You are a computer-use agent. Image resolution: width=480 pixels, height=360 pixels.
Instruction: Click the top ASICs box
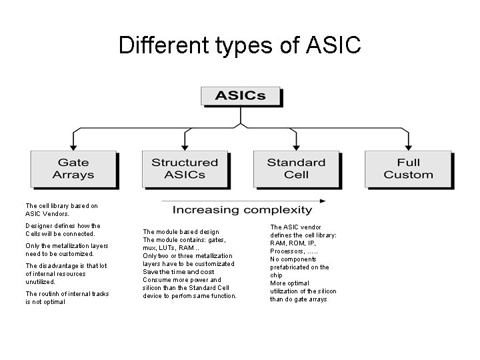coord(240,95)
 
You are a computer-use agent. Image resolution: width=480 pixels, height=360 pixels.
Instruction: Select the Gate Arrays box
coord(73,169)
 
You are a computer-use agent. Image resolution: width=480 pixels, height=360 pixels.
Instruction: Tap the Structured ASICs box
coord(185,169)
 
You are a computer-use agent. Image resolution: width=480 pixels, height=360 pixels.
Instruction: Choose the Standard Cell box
coord(296,169)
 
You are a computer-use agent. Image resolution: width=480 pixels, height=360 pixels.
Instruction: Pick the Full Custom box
coord(408,169)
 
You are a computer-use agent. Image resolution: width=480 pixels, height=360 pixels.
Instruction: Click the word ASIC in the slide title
coord(333,45)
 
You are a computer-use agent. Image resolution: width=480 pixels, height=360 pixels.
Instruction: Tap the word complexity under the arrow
coord(278,211)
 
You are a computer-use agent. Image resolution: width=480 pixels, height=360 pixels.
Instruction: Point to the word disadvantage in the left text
coord(56,266)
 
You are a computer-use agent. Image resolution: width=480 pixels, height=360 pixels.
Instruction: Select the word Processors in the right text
coord(287,251)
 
